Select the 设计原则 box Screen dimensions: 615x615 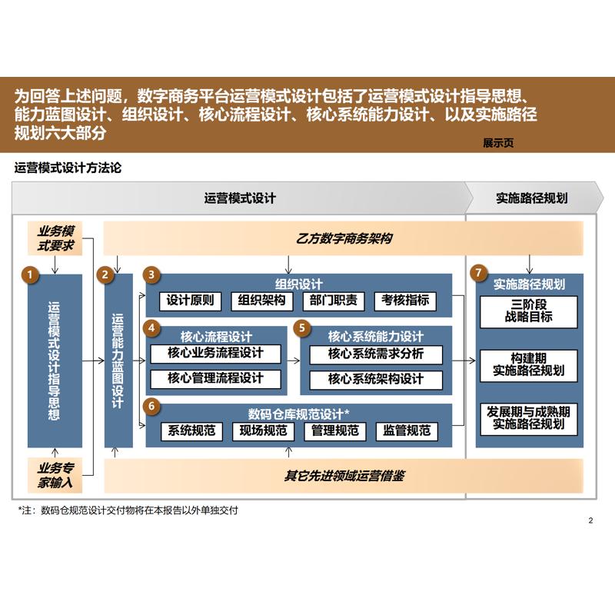pyautogui.click(x=191, y=301)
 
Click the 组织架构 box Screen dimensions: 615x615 pyautogui.click(x=262, y=301)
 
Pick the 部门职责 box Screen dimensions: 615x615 pyautogui.click(x=334, y=301)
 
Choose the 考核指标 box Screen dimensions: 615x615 pyautogui.click(x=405, y=301)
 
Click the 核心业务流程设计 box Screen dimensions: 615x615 pyautogui.click(x=215, y=354)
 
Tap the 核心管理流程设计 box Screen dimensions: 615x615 pyautogui.click(x=215, y=378)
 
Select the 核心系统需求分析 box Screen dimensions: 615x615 pyautogui.click(x=376, y=354)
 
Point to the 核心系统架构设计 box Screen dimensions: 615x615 pyautogui.click(x=376, y=379)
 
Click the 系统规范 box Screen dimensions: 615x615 pyautogui.click(x=191, y=430)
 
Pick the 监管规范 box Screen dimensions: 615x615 pyautogui.click(x=407, y=430)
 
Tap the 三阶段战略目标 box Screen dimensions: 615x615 pyautogui.click(x=529, y=311)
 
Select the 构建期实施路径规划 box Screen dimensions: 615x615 pyautogui.click(x=529, y=364)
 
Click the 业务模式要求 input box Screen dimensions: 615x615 pyautogui.click(x=55, y=238)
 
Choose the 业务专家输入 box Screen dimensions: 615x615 pyautogui.click(x=55, y=474)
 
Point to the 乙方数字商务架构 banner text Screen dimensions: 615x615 pyautogui.click(x=344, y=238)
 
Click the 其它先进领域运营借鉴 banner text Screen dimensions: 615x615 pyautogui.click(x=344, y=476)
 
